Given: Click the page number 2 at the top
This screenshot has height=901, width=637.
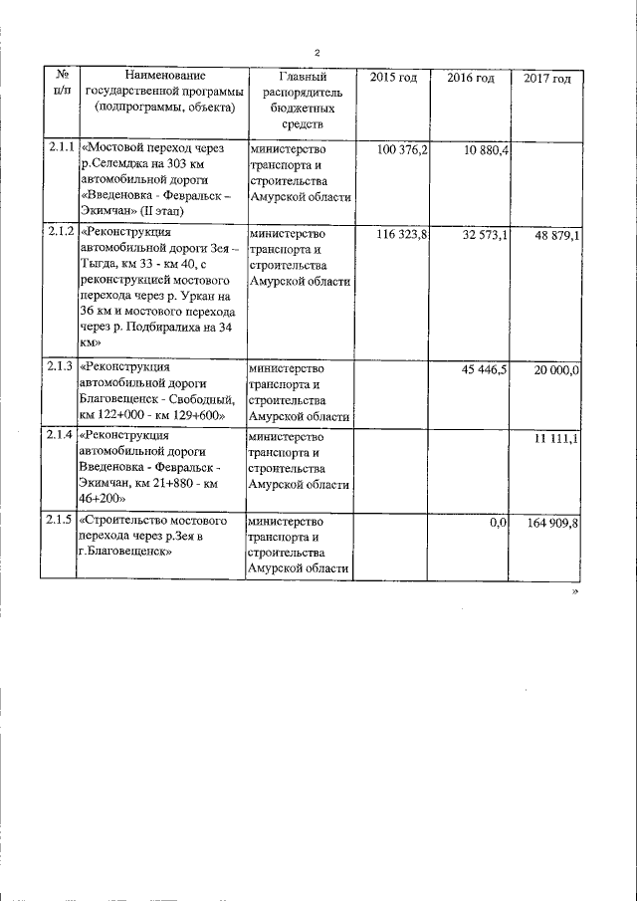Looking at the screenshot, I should pyautogui.click(x=317, y=52).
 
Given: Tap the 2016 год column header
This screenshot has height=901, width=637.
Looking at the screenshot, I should pyautogui.click(x=470, y=78).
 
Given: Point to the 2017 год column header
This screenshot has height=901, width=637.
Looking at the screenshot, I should pyautogui.click(x=546, y=79).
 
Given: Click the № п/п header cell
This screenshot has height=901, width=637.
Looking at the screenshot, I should pyautogui.click(x=61, y=83).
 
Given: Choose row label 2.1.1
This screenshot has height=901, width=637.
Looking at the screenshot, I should pyautogui.click(x=61, y=148).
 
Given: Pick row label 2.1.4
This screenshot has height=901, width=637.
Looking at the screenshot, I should pyautogui.click(x=61, y=435).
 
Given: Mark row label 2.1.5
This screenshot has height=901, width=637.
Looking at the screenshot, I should pyautogui.click(x=61, y=521).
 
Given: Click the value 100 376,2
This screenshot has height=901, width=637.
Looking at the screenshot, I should pyautogui.click(x=403, y=149).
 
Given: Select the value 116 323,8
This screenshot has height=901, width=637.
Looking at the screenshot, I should pyautogui.click(x=402, y=234).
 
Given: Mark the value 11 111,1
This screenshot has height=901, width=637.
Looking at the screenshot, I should pyautogui.click(x=559, y=437).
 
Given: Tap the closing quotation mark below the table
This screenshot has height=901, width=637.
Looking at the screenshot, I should pyautogui.click(x=575, y=591).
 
